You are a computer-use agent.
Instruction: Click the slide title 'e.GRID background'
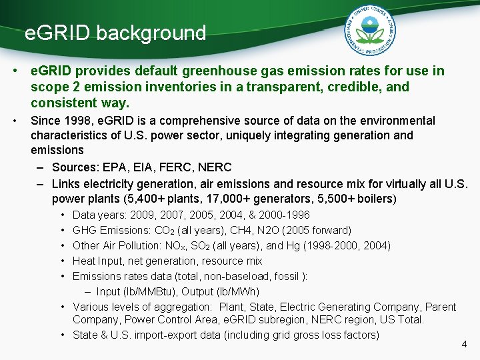click(115, 33)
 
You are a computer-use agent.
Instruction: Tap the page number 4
click(465, 345)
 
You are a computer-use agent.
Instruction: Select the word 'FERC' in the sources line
click(169, 167)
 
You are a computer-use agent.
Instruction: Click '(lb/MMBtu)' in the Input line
click(148, 291)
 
